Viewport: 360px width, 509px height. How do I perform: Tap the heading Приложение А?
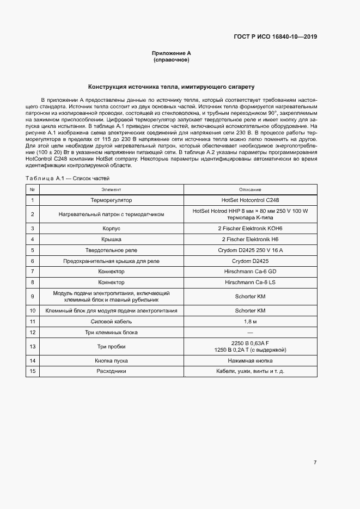[x=171, y=53]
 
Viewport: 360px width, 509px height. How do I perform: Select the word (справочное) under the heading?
[x=171, y=60]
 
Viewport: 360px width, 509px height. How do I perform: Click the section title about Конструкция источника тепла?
[x=171, y=87]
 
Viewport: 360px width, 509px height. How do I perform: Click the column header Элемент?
[x=111, y=189]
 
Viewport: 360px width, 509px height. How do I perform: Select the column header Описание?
[x=250, y=189]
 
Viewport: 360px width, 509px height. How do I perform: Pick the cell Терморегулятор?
[x=111, y=200]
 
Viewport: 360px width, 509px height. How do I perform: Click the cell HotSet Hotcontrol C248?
[x=250, y=200]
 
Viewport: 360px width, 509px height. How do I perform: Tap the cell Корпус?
[x=111, y=229]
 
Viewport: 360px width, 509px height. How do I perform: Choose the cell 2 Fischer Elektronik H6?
[x=250, y=239]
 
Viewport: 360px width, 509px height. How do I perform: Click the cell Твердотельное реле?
[x=111, y=250]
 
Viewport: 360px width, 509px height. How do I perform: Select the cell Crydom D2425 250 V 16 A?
[x=250, y=250]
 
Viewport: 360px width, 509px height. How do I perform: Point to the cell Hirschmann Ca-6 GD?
[x=250, y=271]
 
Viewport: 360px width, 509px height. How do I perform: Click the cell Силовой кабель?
[x=111, y=321]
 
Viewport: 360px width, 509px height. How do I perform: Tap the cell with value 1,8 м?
[x=250, y=321]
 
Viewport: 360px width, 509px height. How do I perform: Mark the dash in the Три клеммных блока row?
[x=250, y=332]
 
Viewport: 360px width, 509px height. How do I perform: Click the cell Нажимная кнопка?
[x=250, y=360]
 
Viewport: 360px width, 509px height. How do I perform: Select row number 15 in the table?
[x=33, y=371]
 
